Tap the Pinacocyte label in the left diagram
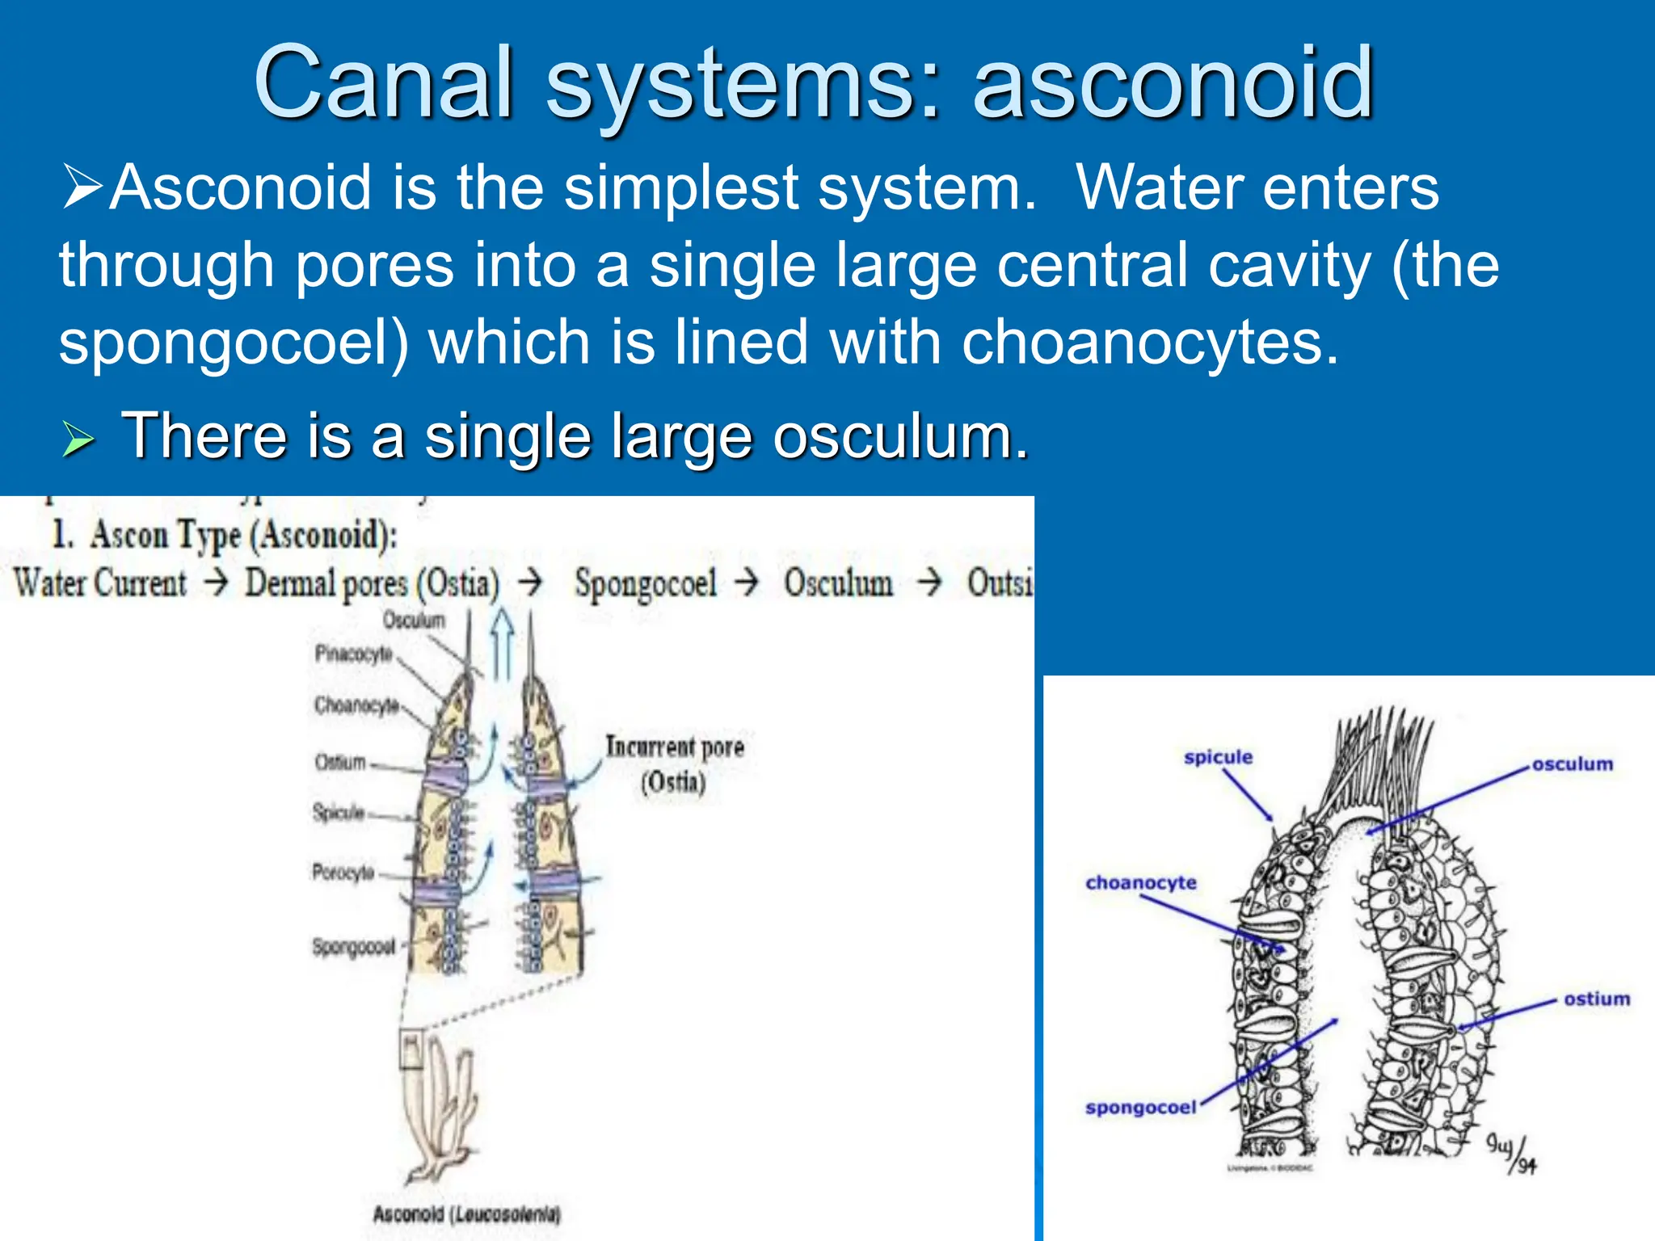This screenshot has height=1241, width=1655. pyautogui.click(x=353, y=653)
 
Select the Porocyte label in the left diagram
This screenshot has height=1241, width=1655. pyautogui.click(x=343, y=872)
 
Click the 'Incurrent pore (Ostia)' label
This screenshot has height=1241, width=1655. pyautogui.click(x=675, y=764)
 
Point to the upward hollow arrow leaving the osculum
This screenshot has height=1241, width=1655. pyautogui.click(x=502, y=642)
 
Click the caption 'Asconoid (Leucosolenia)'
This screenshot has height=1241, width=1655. pyautogui.click(x=466, y=1214)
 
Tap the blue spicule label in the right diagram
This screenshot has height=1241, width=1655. pyautogui.click(x=1218, y=758)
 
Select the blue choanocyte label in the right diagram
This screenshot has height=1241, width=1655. pyautogui.click(x=1140, y=883)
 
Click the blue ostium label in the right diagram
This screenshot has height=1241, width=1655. pyautogui.click(x=1596, y=999)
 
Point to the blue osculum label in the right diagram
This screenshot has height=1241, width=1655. pyautogui.click(x=1572, y=764)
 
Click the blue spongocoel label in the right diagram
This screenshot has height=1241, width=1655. pyautogui.click(x=1140, y=1108)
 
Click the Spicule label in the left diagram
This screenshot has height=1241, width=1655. pyautogui.click(x=339, y=812)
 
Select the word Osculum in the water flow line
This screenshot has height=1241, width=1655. pyautogui.click(x=838, y=583)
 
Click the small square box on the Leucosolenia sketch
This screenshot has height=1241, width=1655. pyautogui.click(x=412, y=1049)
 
